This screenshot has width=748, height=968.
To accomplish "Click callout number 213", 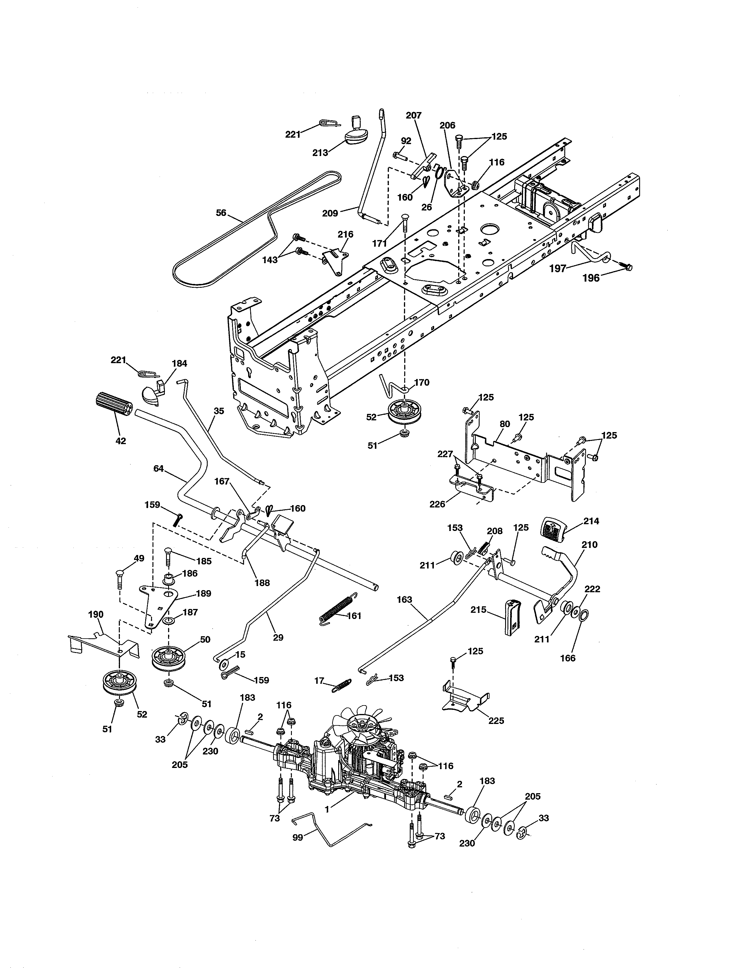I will pos(320,153).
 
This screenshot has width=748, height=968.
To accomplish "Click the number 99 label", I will pos(298,838).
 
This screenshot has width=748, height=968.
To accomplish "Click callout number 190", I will pos(96,614).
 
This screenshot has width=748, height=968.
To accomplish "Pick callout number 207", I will pos(413,115).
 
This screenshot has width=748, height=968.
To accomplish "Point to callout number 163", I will pos(404,600).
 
